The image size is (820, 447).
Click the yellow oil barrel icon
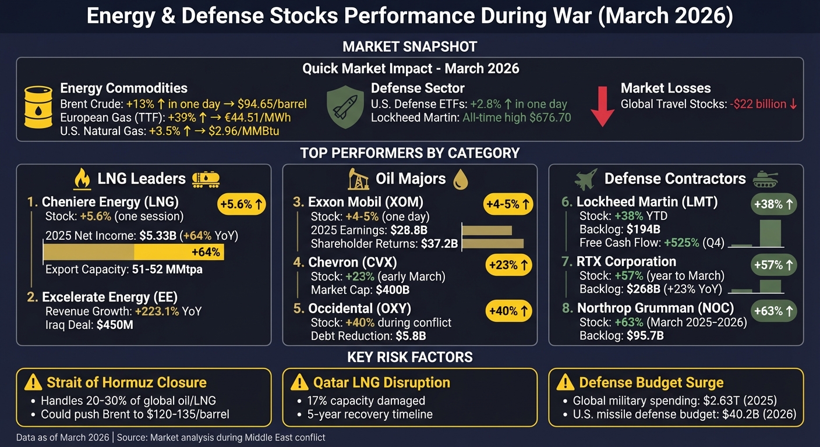coord(38,108)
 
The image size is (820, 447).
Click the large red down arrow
coord(602,105)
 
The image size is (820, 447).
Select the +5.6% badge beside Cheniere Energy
coord(242,204)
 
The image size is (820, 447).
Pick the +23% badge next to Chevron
coord(508,265)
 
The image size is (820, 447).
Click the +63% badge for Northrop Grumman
coord(774,311)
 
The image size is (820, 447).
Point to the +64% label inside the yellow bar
coord(206,252)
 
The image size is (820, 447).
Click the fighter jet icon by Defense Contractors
coord(586,179)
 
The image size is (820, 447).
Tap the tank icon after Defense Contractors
coord(766,179)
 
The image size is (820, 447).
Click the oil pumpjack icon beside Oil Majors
coord(358,179)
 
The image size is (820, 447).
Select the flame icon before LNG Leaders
coord(82,179)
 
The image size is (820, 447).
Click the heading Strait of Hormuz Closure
coord(126,382)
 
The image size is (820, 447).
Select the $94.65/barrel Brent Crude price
coord(272,104)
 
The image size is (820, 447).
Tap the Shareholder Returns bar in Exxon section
coord(493,243)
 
